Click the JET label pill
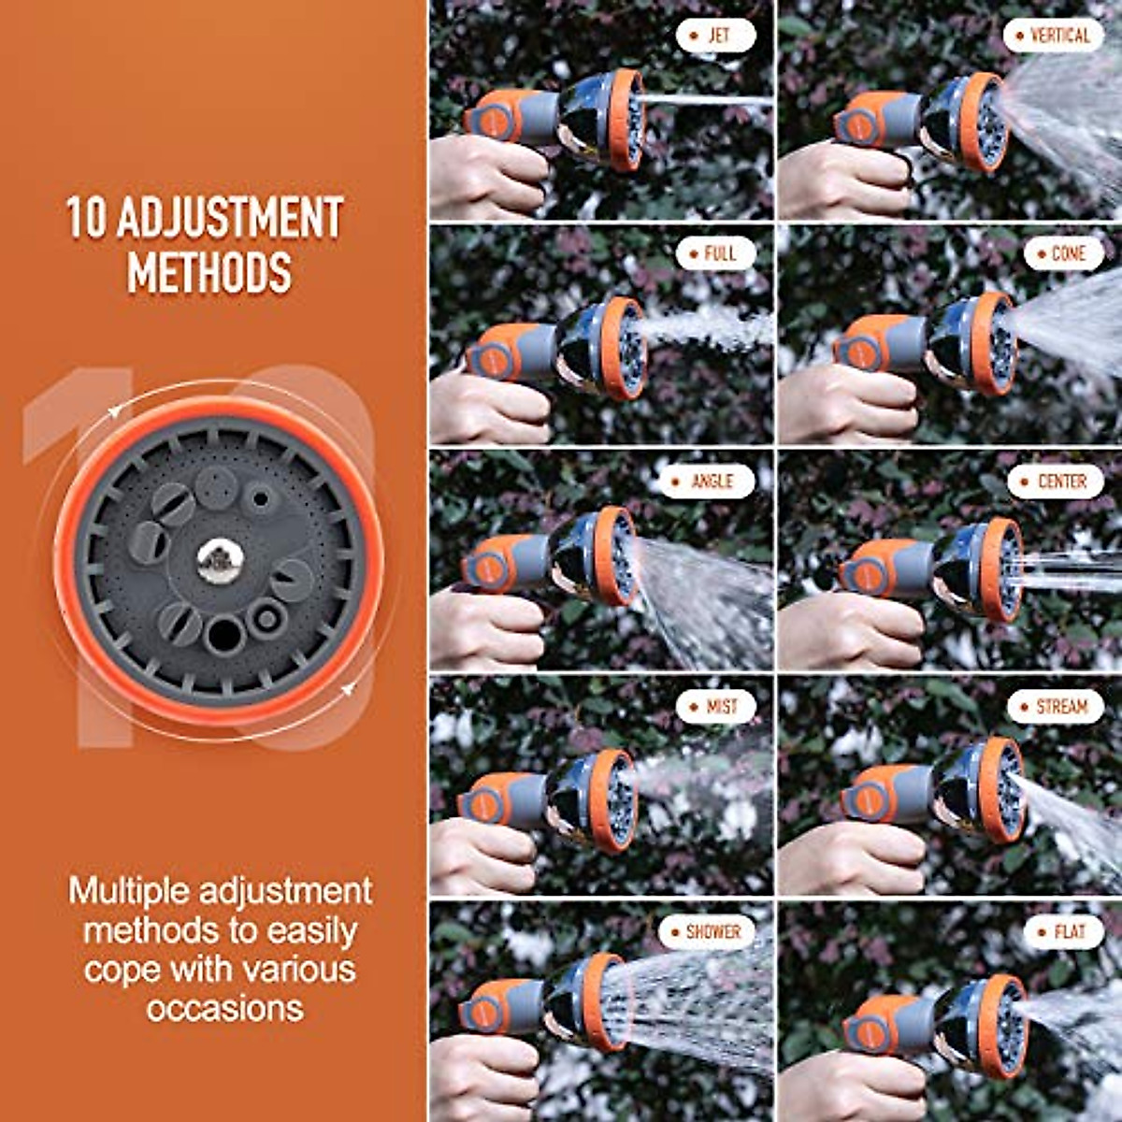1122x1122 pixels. (x=715, y=36)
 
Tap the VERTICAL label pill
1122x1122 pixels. (x=1053, y=36)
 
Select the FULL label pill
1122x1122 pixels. (x=715, y=253)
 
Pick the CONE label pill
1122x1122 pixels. (x=1063, y=253)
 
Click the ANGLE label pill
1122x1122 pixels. (x=706, y=482)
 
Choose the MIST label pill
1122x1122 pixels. (x=715, y=707)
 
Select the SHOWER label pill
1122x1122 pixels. (x=707, y=932)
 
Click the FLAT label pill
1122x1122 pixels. (x=1063, y=932)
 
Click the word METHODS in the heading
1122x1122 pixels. (x=209, y=272)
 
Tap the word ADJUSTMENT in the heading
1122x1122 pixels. (x=230, y=217)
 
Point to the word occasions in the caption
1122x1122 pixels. (x=224, y=1008)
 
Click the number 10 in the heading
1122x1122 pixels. (x=87, y=217)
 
